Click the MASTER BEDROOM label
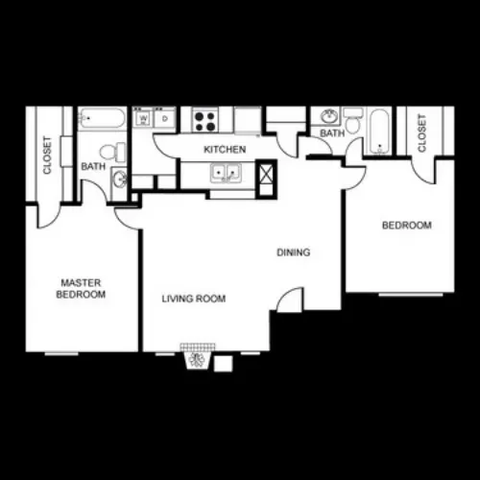pyautogui.click(x=81, y=288)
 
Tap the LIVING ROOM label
pyautogui.click(x=194, y=299)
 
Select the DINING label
pyautogui.click(x=294, y=252)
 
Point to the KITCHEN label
pyautogui.click(x=225, y=150)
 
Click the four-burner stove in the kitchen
pyautogui.click(x=205, y=121)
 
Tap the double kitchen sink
pyautogui.click(x=226, y=173)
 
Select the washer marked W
pyautogui.click(x=143, y=118)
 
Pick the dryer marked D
pyautogui.click(x=165, y=118)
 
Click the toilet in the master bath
pyautogui.click(x=112, y=153)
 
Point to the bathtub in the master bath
pyautogui.click(x=102, y=118)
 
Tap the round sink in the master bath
pyautogui.click(x=120, y=179)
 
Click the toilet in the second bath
pyautogui.click(x=353, y=121)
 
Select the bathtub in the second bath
pyautogui.click(x=380, y=132)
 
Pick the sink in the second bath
pyautogui.click(x=328, y=116)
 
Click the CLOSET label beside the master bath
pyautogui.click(x=47, y=156)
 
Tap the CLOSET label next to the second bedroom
pyautogui.click(x=421, y=133)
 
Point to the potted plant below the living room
pyautogui.click(x=197, y=360)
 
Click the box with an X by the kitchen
pyautogui.click(x=266, y=173)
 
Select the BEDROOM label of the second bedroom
pyautogui.click(x=407, y=226)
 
